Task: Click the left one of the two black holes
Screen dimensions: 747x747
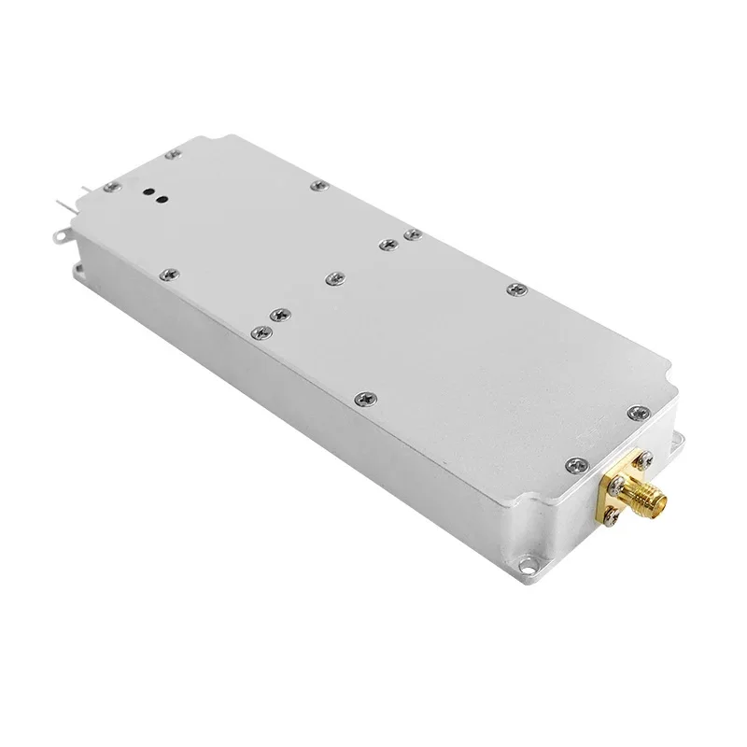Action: coord(147,195)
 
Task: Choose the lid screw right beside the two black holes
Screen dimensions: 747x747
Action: coord(112,188)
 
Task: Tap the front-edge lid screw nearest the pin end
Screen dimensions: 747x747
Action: coord(168,274)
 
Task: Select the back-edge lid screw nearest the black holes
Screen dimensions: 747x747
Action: coord(317,187)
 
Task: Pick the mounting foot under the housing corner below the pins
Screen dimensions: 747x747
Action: coord(78,270)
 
